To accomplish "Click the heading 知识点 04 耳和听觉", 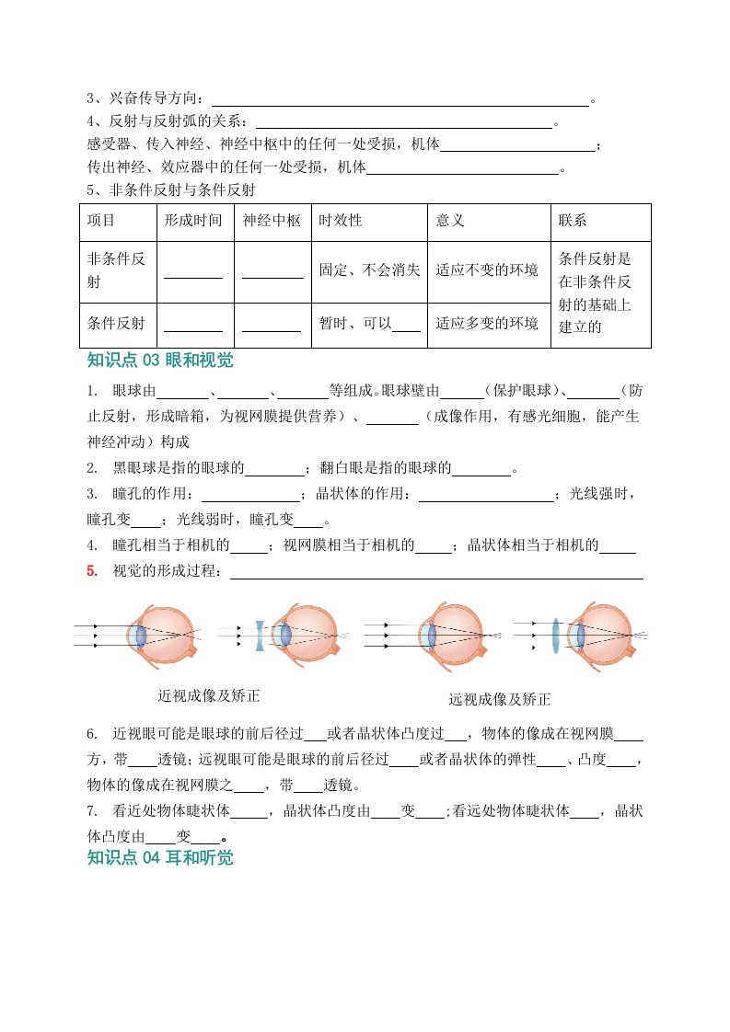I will (x=160, y=858).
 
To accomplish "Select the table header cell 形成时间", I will (x=192, y=222).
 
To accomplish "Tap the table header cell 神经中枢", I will (x=272, y=222).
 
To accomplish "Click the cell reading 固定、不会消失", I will (x=369, y=270).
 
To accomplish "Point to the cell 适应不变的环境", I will (x=487, y=270).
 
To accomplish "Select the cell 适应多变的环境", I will (x=487, y=324).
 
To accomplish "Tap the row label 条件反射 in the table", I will (x=116, y=324).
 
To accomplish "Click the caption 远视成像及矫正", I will (x=500, y=699).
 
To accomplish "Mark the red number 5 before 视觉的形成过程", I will (x=92, y=571).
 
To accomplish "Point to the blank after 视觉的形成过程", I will (x=435, y=573).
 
